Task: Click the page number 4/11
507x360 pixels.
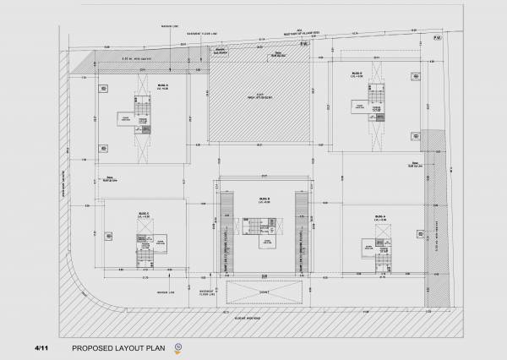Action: pos(41,347)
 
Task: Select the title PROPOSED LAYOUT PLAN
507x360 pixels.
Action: pos(119,347)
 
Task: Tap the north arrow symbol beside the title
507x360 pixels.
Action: pos(178,346)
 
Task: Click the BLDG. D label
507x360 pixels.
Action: pos(161,85)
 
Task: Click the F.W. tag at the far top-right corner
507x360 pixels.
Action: pos(437,38)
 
